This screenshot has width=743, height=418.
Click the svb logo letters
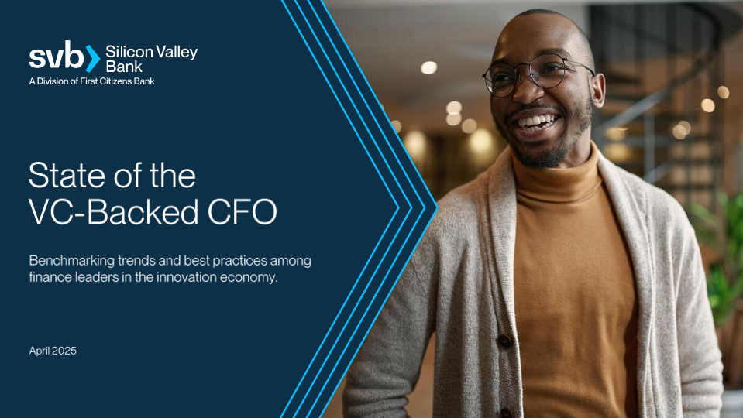57,56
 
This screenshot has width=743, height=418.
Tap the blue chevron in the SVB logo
93,59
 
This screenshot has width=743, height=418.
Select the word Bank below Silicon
124,67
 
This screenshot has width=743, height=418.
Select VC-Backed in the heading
114,211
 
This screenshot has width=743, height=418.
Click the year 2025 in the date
64,351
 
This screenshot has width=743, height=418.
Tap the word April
40,351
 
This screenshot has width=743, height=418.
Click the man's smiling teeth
536,122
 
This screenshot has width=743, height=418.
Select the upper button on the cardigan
504,341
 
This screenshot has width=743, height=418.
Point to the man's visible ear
597,89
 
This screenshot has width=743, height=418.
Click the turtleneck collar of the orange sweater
559,180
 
